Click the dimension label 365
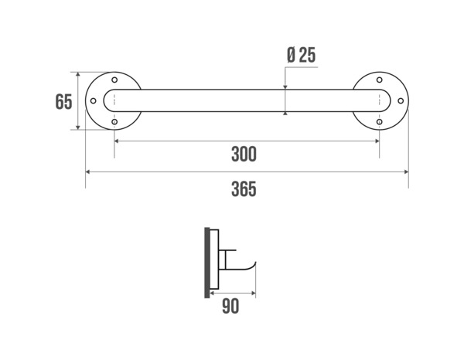[244, 188]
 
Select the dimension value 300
[244, 155]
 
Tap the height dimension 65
[63, 102]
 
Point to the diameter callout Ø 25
[300, 56]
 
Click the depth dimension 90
[230, 307]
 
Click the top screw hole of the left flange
[114, 80]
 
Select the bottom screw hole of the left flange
[114, 122]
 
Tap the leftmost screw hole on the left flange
[94, 101]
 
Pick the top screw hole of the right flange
[379, 80]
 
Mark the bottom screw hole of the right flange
[379, 122]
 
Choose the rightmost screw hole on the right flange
[400, 101]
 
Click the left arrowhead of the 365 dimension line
[87, 172]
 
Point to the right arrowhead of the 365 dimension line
[406, 172]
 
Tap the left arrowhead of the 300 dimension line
[117, 141]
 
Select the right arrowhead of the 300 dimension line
[377, 141]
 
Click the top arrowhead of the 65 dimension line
[78, 75]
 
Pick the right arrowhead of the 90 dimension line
[254, 293]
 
